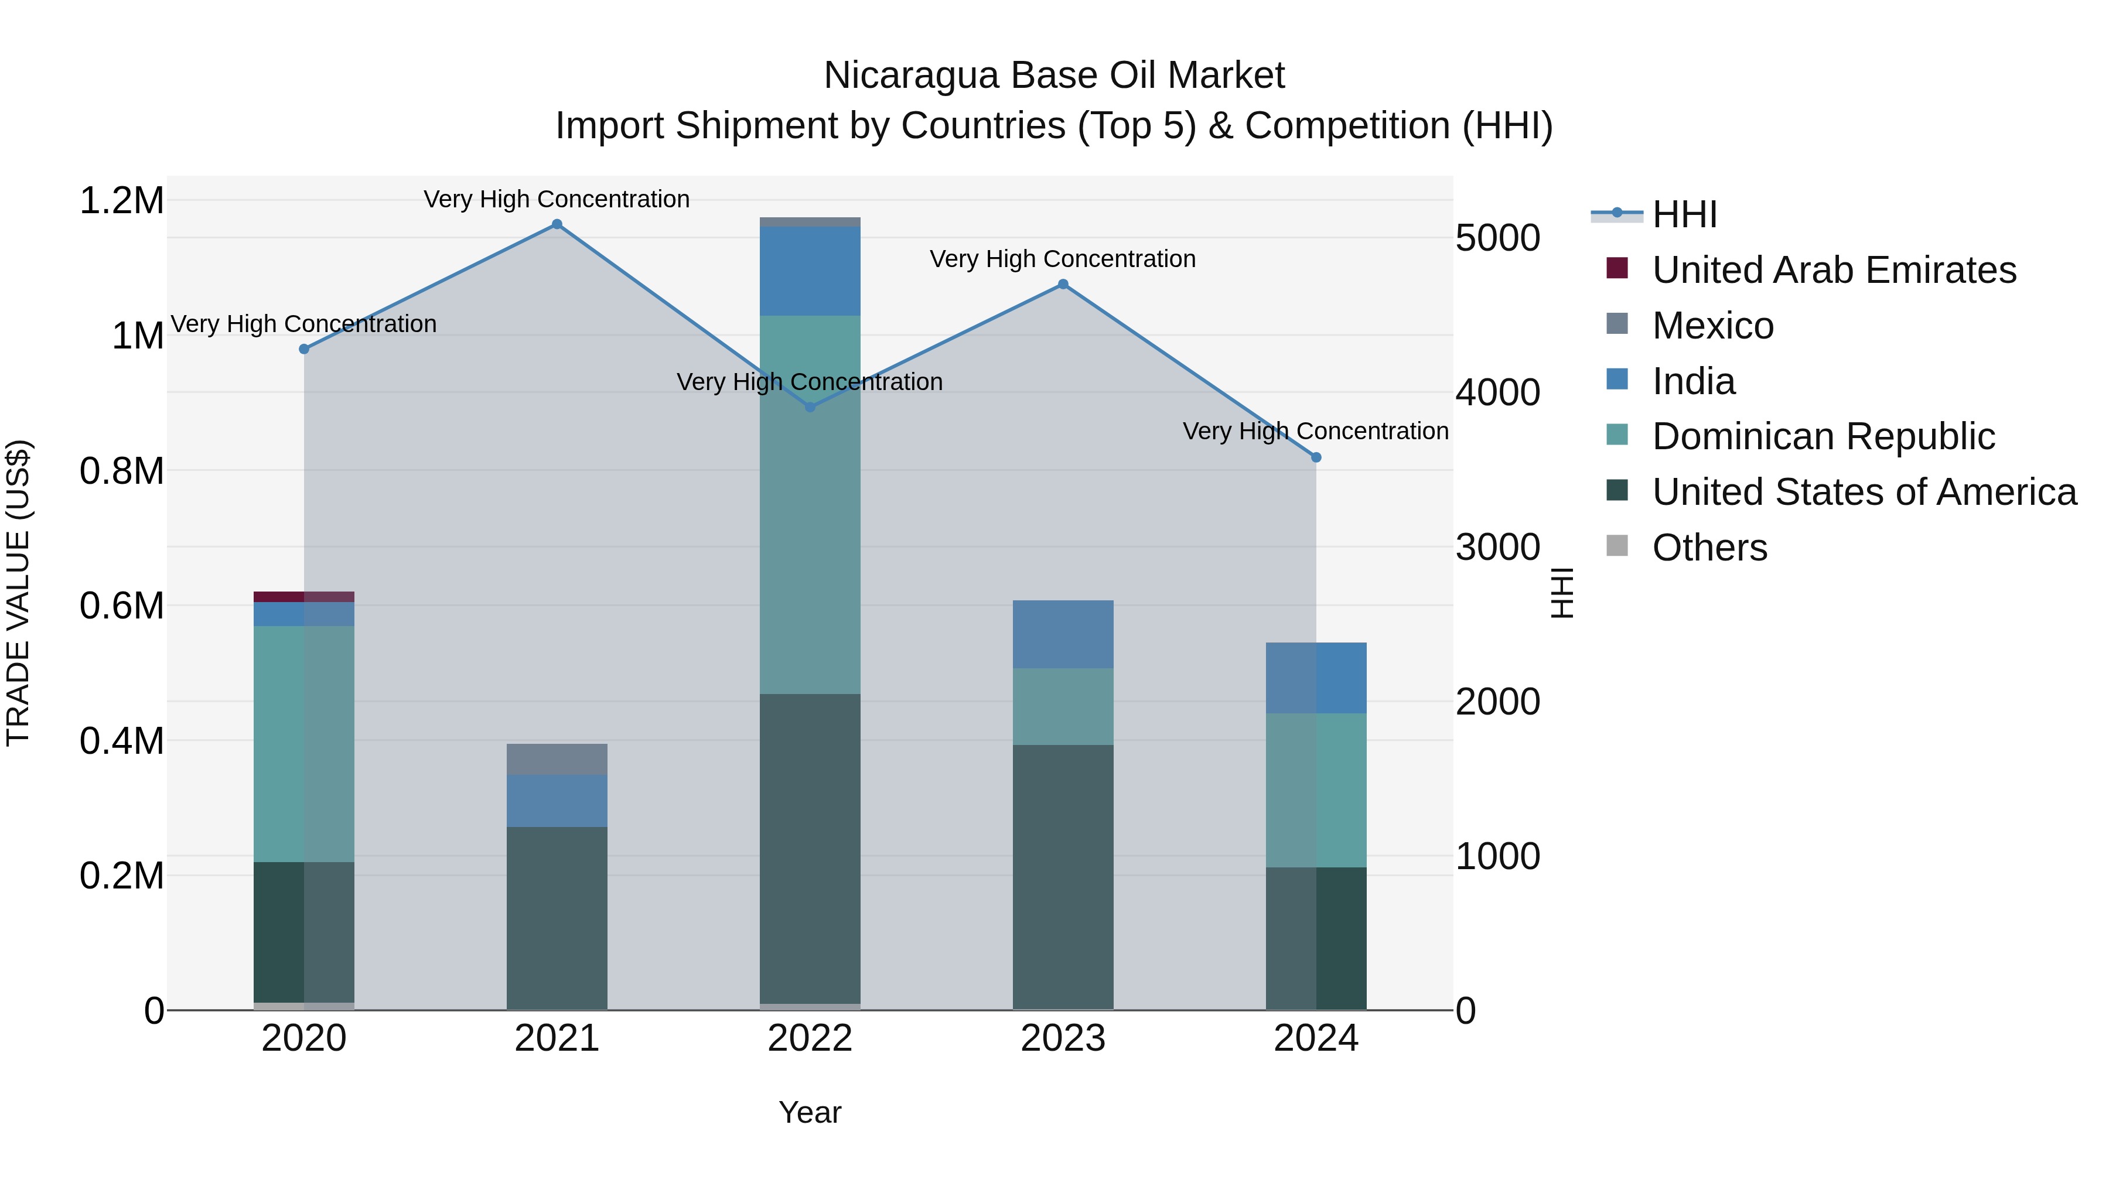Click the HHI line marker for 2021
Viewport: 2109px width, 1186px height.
click(x=557, y=224)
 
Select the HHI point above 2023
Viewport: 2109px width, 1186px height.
click(x=1063, y=284)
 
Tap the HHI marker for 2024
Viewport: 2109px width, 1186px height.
click(x=1316, y=457)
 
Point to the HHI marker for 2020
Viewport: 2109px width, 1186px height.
click(x=303, y=348)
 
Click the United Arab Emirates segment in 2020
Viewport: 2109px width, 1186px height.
click(x=303, y=597)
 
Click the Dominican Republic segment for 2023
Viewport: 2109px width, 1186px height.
click(x=1063, y=706)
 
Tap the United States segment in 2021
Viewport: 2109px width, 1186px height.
click(x=557, y=917)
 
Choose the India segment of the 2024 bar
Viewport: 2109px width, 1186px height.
click(x=1316, y=678)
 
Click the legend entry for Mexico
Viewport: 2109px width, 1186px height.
click(x=1713, y=326)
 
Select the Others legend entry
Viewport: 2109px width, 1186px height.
click(x=1709, y=548)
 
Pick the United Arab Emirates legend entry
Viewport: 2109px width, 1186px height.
click(x=1834, y=270)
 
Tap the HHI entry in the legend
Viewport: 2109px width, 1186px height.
click(x=1684, y=214)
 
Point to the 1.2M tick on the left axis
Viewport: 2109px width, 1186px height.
click(x=121, y=200)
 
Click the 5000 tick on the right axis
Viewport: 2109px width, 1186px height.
click(x=1497, y=238)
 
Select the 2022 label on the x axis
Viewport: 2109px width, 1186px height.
click(x=810, y=1038)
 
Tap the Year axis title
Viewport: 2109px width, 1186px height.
click(x=810, y=1112)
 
